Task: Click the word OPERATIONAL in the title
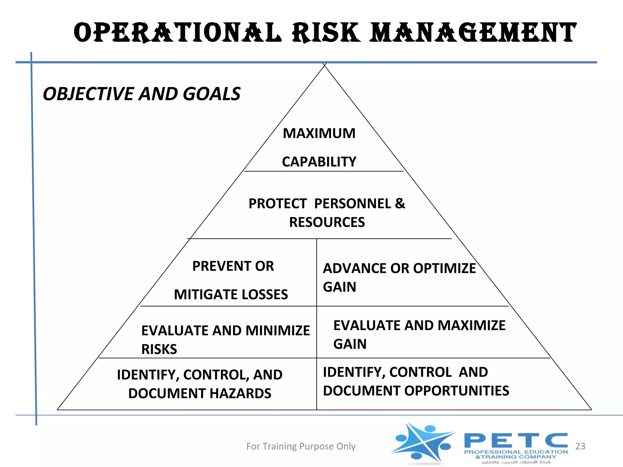point(177,33)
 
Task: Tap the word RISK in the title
point(326,33)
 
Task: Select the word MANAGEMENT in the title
point(473,33)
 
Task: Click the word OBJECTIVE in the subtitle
point(88,94)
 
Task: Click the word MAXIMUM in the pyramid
point(319,133)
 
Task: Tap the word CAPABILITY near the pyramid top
point(319,162)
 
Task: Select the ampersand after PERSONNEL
point(400,203)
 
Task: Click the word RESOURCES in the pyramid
point(327,222)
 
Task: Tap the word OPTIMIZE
point(444,268)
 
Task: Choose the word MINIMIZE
point(278,331)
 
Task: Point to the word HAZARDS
point(240,393)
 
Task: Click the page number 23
point(580,446)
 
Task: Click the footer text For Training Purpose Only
point(301,446)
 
